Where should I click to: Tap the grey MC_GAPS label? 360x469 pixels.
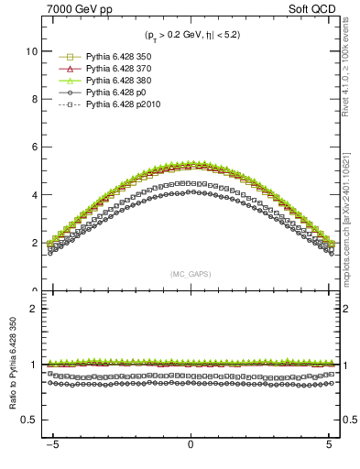click(x=191, y=274)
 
